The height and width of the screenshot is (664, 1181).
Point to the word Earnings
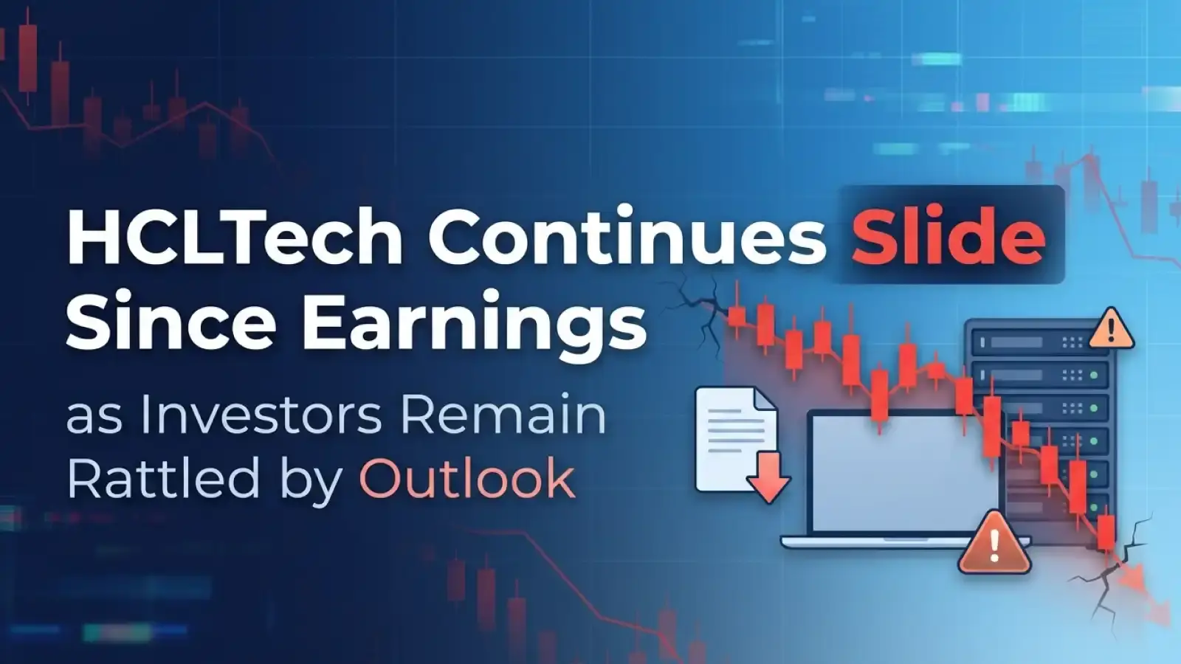(x=472, y=325)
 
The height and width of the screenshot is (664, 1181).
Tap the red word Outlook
(x=466, y=478)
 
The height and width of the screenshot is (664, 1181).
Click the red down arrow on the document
(x=768, y=477)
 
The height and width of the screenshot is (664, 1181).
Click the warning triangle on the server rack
(x=1110, y=328)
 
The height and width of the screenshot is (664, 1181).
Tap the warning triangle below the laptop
(x=994, y=544)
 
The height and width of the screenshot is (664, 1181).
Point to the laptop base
(x=886, y=542)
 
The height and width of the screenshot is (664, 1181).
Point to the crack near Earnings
(x=698, y=302)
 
